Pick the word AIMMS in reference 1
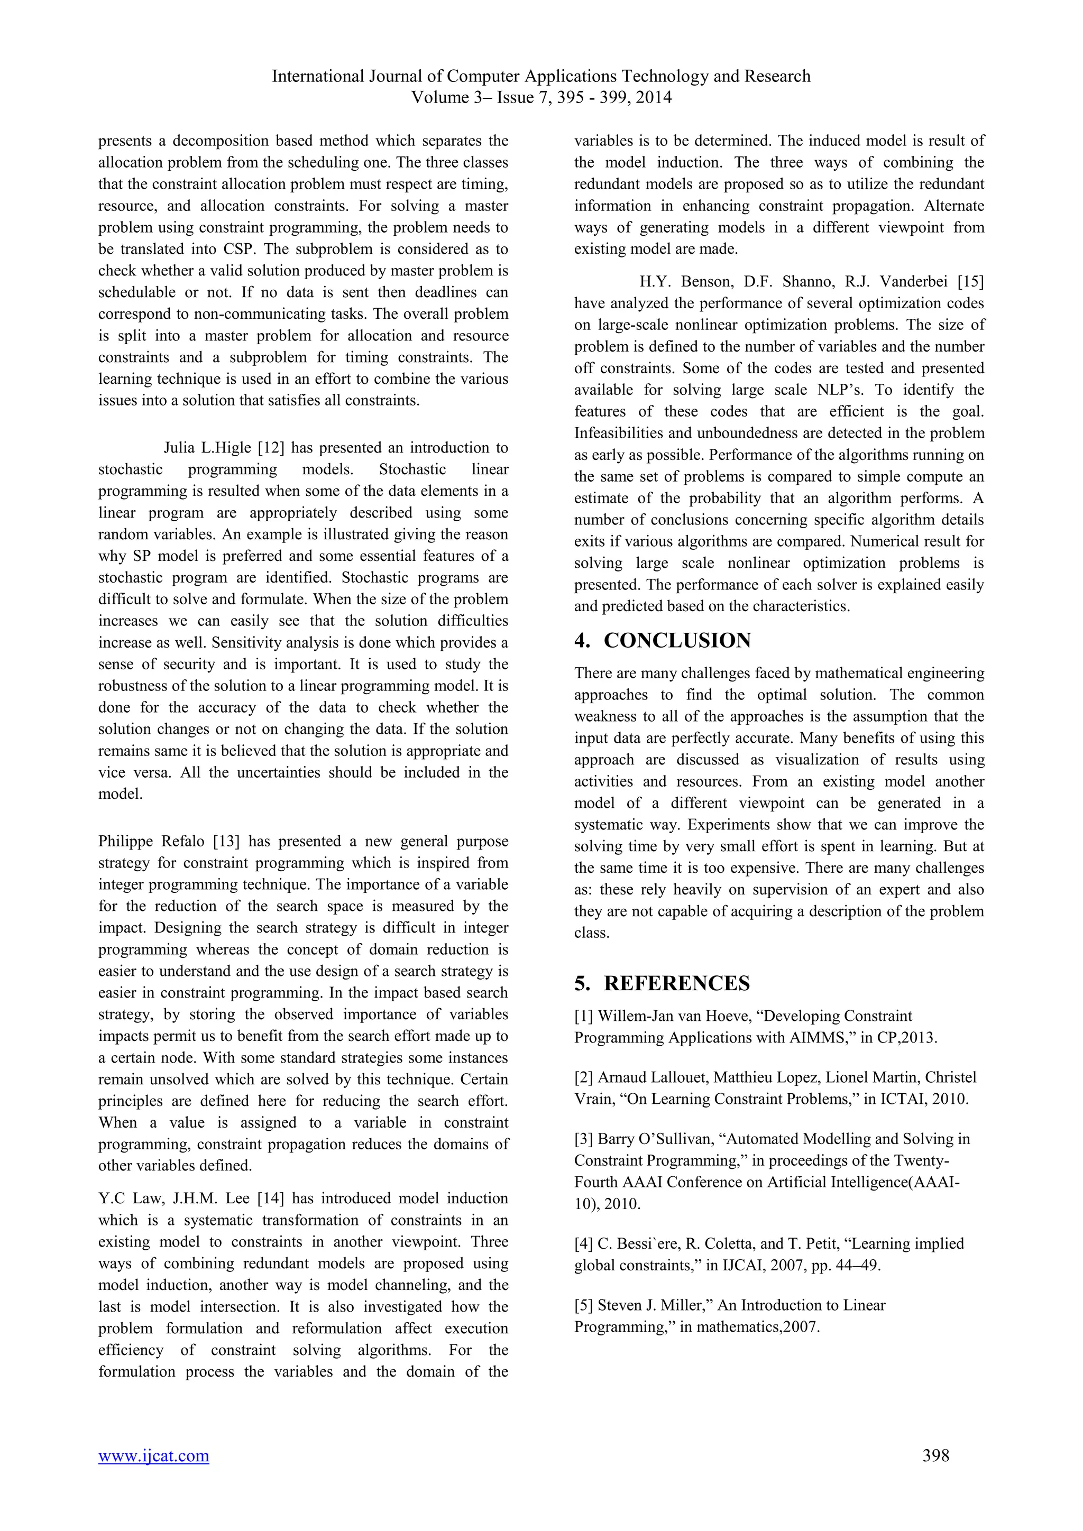coord(820,1038)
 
